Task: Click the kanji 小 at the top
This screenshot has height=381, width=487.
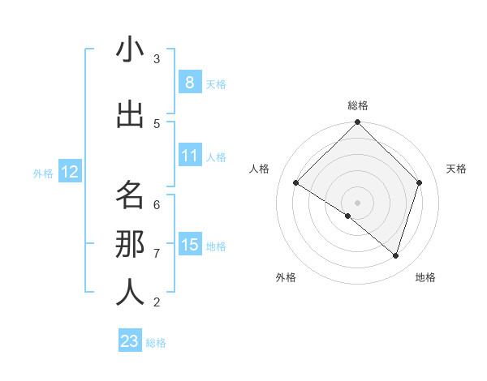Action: coord(129,50)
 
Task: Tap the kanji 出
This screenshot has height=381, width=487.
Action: coord(129,115)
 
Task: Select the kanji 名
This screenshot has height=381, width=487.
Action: coord(129,195)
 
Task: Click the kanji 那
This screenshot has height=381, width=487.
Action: coord(129,244)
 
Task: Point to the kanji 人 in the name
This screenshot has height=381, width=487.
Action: coord(129,293)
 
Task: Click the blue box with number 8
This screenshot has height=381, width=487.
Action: coord(189,83)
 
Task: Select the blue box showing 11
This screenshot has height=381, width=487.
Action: coord(189,156)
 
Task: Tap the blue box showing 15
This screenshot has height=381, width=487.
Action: coord(189,245)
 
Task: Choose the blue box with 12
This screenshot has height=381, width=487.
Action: coord(69,172)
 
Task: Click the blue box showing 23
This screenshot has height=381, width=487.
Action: coord(130,341)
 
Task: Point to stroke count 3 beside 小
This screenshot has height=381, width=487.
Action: coord(157,59)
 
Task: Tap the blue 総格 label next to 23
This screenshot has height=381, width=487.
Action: coord(156,343)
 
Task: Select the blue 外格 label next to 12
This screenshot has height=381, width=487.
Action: coord(43,173)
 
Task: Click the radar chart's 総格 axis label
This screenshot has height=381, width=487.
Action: coord(357,105)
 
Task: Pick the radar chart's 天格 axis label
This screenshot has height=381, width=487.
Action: coord(456,169)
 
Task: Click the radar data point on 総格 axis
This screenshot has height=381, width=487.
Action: coord(357,123)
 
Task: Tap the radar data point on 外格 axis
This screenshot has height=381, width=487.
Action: coord(348,216)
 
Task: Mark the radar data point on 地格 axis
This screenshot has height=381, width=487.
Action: coord(395,255)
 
